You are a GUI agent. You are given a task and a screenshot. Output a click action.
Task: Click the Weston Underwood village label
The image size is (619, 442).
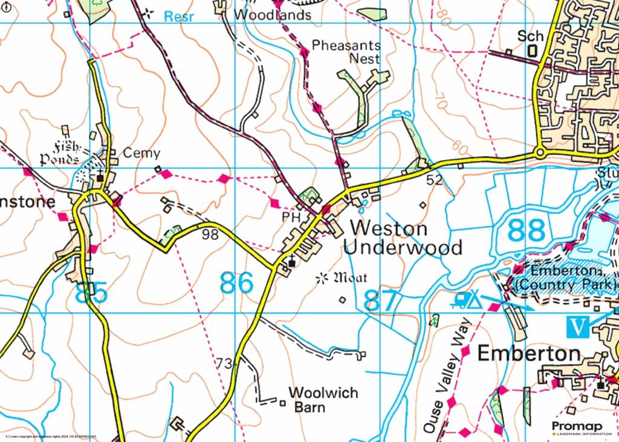pos(402,238)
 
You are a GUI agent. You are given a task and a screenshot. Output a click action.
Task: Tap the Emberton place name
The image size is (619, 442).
pos(529,354)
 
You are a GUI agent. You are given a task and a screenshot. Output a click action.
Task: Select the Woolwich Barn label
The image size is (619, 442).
pos(323,400)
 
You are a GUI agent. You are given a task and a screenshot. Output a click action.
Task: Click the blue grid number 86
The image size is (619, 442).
pos(236,283)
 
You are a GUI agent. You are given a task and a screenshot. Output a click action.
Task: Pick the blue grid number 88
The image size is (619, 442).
pos(527,231)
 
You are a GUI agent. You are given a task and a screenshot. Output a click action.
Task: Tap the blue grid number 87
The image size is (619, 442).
pos(381,301)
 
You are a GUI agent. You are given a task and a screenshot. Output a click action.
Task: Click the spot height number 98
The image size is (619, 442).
pos(210,234)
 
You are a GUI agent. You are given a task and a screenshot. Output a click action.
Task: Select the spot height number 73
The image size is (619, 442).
pos(224,363)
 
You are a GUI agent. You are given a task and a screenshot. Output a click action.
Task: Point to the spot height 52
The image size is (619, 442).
pos(434,179)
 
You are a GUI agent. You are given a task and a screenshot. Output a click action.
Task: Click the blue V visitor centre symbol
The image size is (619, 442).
pos(579,327)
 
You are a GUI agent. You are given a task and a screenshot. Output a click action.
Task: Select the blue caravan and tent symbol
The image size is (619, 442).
pos(467,299)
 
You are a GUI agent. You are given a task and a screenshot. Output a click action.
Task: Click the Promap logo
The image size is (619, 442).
pos(581,428)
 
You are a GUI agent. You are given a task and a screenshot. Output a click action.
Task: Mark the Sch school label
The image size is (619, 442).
pos(531,37)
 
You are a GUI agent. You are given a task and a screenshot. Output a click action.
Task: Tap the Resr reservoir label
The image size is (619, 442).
pos(179,16)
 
